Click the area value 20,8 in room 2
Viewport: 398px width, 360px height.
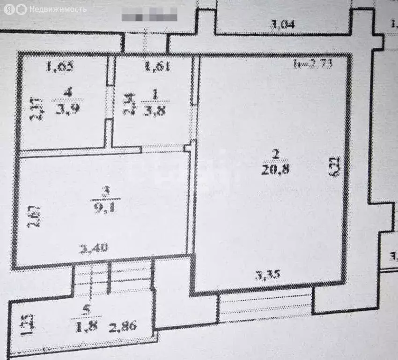277,170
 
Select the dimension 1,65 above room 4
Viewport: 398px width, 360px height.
60,67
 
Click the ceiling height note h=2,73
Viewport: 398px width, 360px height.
313,65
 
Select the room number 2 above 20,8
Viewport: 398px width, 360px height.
277,153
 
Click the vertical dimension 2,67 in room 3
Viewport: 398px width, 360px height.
29,216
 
